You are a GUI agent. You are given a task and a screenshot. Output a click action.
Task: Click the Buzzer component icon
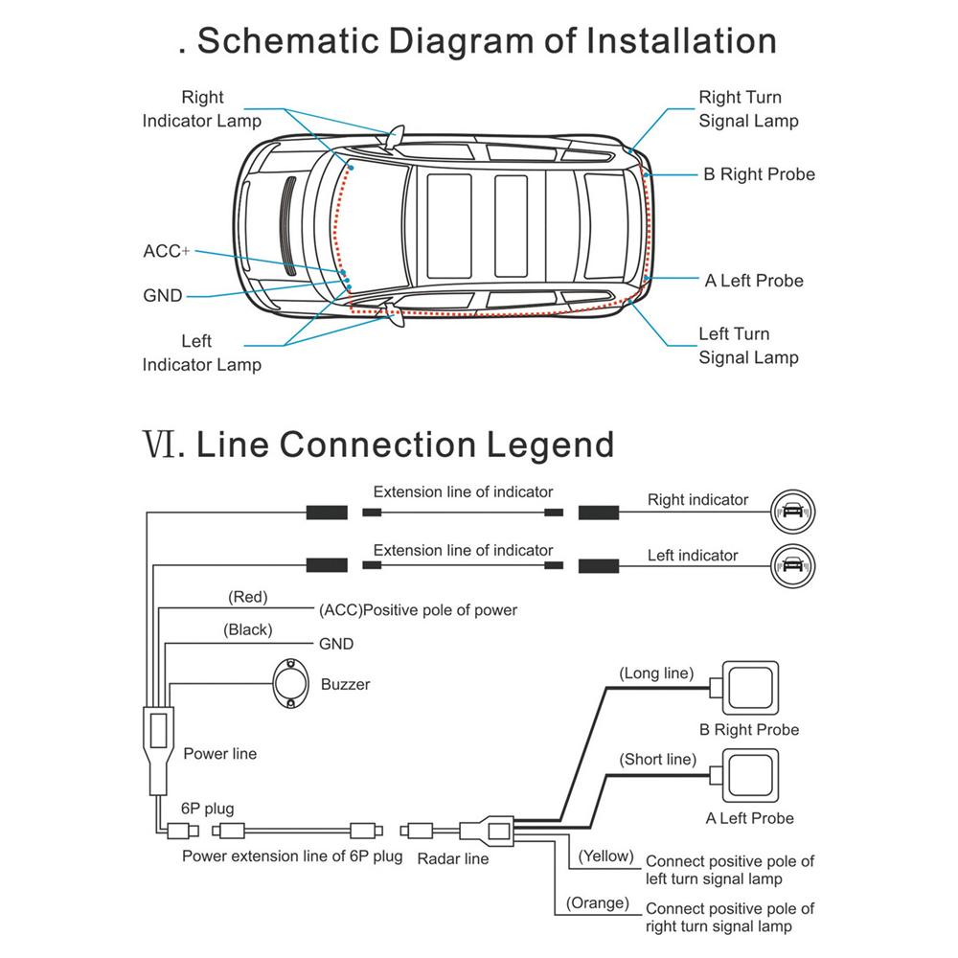[x=291, y=683]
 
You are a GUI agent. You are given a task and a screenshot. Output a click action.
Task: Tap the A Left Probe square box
[x=751, y=775]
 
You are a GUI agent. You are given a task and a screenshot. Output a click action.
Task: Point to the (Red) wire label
[x=247, y=597]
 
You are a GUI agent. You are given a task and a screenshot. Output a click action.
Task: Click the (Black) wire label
[x=247, y=629]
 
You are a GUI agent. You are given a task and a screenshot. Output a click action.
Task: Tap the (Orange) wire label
[x=597, y=902]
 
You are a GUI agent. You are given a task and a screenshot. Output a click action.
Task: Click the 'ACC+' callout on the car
[x=166, y=251]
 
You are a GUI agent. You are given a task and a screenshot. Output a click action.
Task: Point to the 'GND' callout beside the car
[x=162, y=296]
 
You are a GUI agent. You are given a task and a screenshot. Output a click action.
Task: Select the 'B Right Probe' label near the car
[x=759, y=174]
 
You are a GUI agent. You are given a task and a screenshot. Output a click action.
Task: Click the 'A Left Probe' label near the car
[x=754, y=281]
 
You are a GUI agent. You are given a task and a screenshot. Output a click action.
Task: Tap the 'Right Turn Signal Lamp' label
[x=747, y=109]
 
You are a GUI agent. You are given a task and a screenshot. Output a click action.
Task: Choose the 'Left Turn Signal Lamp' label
[x=747, y=346]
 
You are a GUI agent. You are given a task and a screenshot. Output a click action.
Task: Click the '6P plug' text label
[x=206, y=808]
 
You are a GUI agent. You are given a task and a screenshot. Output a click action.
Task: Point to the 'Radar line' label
[x=452, y=858]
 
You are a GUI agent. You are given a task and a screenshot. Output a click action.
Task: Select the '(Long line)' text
[x=656, y=673]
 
